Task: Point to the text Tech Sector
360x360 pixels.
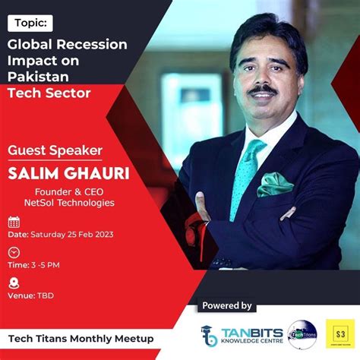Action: pyautogui.click(x=49, y=93)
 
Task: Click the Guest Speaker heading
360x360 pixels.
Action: pyautogui.click(x=54, y=150)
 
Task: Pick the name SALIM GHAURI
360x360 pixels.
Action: pyautogui.click(x=68, y=173)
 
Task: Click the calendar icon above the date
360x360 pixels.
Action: pyautogui.click(x=14, y=222)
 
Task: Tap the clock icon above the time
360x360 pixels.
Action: pyautogui.click(x=14, y=252)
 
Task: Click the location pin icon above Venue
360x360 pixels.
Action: pyautogui.click(x=14, y=282)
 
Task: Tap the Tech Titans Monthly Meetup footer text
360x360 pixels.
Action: pyautogui.click(x=81, y=338)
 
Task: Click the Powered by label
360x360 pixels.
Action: pyautogui.click(x=226, y=305)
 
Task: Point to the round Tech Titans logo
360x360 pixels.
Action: pyautogui.click(x=302, y=334)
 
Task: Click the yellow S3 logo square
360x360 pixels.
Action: pyautogui.click(x=340, y=333)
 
